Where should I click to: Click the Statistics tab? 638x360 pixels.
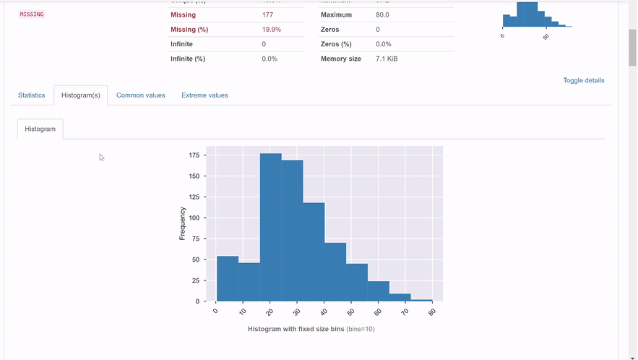[31, 95]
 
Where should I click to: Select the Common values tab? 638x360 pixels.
[140, 95]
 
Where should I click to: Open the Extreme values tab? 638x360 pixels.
[204, 95]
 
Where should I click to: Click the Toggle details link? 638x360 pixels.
[583, 80]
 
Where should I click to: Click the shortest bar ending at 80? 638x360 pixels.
[421, 300]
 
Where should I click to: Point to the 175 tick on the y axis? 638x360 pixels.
[194, 155]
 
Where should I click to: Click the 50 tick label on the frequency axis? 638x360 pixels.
[196, 260]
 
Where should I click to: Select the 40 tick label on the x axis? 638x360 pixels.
[323, 312]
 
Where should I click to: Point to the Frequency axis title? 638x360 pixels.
[183, 223]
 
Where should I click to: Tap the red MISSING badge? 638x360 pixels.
[31, 14]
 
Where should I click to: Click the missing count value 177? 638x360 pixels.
[268, 14]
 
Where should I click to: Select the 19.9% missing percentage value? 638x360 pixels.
[271, 30]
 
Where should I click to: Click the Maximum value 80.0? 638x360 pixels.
[383, 14]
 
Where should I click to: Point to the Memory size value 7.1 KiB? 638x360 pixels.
[387, 59]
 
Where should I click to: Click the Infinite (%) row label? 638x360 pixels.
[188, 59]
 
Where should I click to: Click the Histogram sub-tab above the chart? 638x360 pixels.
[40, 129]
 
